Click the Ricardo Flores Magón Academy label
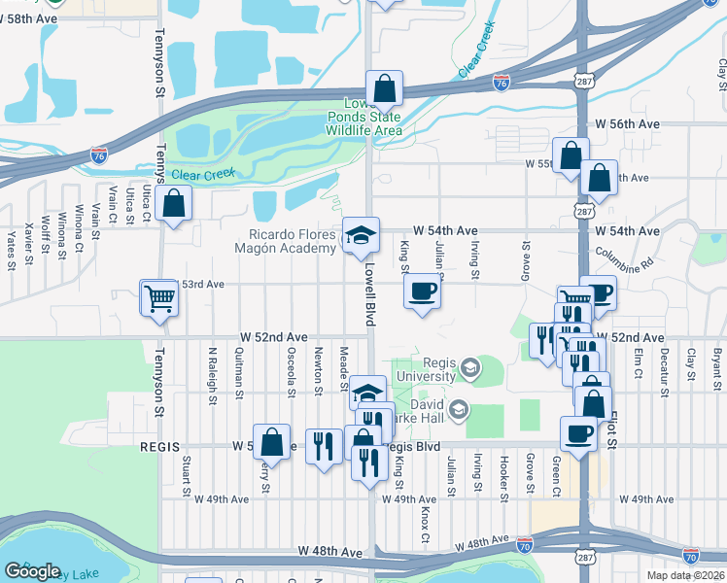(293, 242)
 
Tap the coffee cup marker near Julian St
(421, 291)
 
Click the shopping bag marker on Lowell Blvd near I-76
(385, 88)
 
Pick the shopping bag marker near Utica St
(173, 203)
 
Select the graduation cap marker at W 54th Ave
(361, 235)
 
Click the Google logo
(32, 571)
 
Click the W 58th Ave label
(30, 18)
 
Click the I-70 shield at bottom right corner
(690, 556)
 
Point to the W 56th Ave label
(627, 124)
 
